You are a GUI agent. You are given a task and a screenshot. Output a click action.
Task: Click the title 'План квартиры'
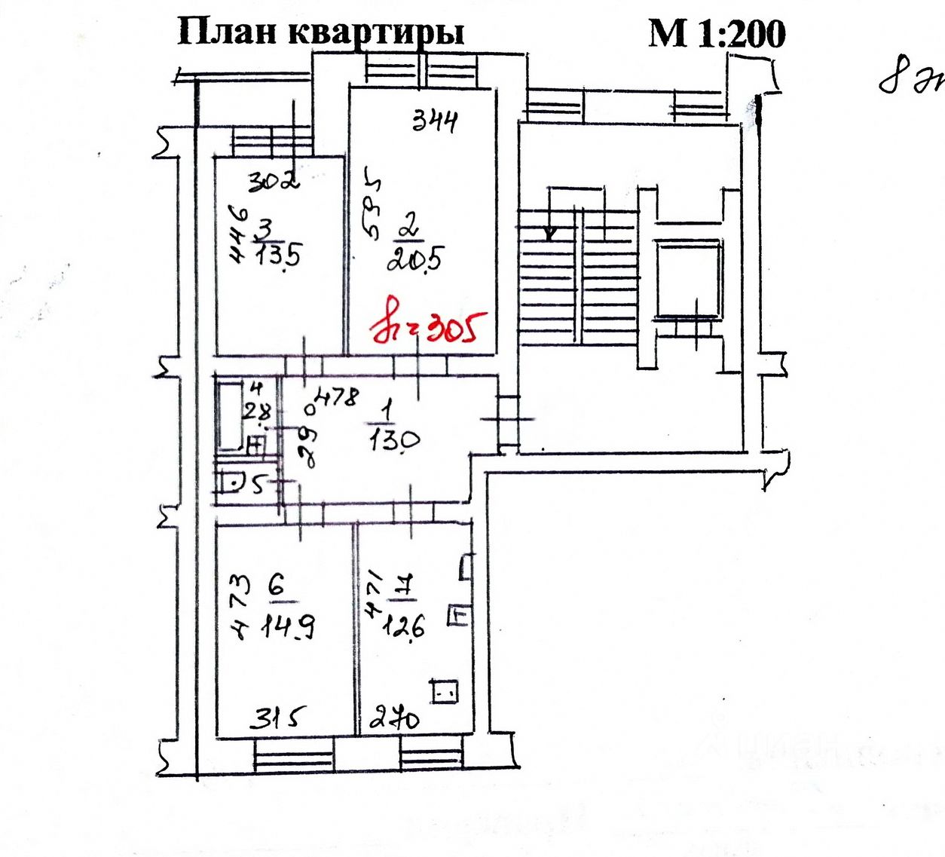coord(320,32)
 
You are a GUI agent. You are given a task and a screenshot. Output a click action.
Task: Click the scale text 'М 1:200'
coord(717,33)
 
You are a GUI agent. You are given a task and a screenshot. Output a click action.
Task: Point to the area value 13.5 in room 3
coord(277,255)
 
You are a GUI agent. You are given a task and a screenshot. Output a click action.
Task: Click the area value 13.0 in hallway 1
coord(394,439)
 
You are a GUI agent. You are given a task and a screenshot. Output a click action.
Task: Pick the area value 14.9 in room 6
coord(287,626)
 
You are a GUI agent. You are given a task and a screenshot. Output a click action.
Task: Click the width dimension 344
coord(435,121)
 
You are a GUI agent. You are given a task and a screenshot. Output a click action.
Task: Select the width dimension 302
coord(274,181)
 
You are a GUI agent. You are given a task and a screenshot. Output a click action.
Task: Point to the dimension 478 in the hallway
coord(337,396)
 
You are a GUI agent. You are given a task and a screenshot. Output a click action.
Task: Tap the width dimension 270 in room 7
coord(396,719)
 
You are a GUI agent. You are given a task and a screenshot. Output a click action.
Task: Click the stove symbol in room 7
coord(445,690)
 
